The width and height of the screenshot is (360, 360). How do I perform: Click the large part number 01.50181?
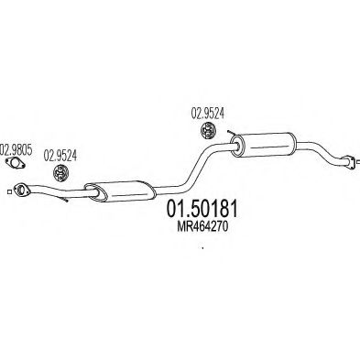(x=202, y=210)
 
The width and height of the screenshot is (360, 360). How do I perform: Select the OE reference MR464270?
(x=202, y=227)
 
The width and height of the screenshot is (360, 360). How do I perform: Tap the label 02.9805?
(x=16, y=150)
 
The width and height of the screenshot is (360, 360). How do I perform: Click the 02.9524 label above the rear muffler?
(x=208, y=114)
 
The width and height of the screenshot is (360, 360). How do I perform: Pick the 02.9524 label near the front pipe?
(x=60, y=156)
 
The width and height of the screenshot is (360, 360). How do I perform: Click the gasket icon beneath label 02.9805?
(x=16, y=163)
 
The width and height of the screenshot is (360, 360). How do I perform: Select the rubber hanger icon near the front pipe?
(x=61, y=172)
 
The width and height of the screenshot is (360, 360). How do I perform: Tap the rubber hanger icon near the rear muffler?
(x=208, y=130)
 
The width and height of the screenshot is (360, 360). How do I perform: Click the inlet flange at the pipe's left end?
(x=20, y=190)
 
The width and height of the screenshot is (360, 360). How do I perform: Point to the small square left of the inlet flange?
(x=9, y=191)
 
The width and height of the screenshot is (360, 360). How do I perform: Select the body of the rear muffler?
(x=264, y=145)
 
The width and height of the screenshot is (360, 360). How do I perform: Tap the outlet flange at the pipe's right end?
(x=348, y=162)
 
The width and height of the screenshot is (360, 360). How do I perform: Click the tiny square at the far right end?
(x=358, y=161)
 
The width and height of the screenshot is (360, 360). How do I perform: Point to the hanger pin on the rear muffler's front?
(x=231, y=133)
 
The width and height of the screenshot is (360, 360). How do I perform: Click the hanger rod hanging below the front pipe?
(x=63, y=199)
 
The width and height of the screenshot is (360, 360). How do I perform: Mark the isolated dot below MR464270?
(x=202, y=247)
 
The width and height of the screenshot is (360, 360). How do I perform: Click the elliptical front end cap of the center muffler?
(x=93, y=192)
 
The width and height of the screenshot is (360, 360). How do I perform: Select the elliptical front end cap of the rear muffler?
(x=235, y=146)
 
